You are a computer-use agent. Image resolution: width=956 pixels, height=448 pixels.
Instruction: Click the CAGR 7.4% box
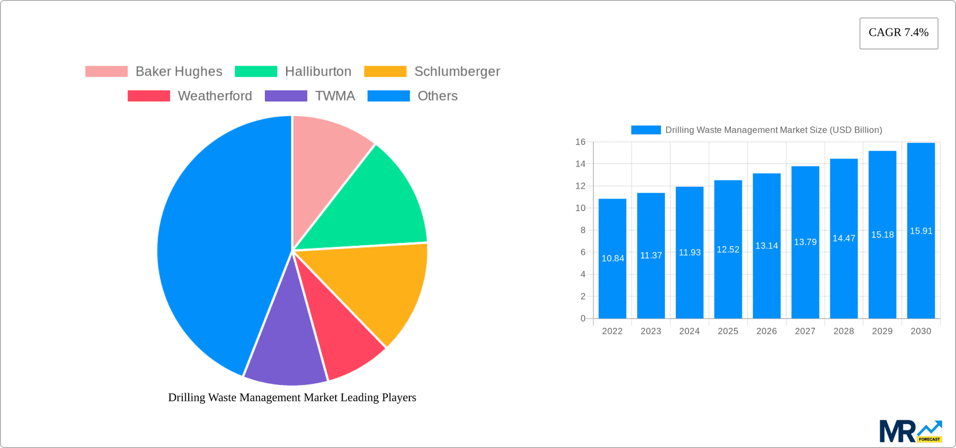click(898, 33)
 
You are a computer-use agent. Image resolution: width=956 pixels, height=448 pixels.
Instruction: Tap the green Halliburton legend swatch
click(256, 72)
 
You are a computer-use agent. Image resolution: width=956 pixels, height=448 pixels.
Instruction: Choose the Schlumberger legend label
click(457, 72)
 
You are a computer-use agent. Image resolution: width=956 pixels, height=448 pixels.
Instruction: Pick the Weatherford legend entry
click(215, 96)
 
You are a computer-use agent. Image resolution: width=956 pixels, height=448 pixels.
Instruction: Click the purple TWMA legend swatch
click(286, 96)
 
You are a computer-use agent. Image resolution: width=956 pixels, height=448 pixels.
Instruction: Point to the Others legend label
click(437, 96)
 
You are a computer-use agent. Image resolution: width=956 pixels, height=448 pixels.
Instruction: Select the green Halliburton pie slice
click(373, 204)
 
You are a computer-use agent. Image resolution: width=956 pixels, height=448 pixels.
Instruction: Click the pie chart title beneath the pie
click(292, 397)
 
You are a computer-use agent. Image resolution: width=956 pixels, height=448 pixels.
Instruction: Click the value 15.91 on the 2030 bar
click(921, 231)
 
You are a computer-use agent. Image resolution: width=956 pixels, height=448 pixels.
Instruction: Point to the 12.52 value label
click(728, 250)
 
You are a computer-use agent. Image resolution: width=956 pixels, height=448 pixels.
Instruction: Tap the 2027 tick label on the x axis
click(805, 331)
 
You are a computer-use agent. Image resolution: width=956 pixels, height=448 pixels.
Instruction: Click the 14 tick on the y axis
click(581, 164)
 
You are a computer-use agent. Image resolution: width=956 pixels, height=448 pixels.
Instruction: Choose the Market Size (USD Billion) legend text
click(773, 130)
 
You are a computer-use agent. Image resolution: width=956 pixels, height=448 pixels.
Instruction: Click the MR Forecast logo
click(910, 431)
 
